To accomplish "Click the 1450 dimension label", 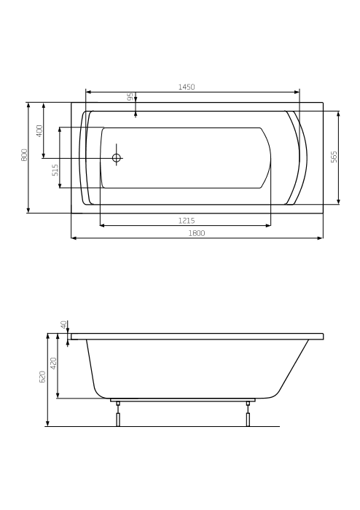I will [x=187, y=87].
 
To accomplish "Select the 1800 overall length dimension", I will [x=196, y=232].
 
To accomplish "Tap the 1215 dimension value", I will [x=186, y=220].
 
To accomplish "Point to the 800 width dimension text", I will [x=24, y=154].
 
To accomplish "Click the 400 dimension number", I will [x=39, y=130].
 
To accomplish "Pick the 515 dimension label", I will [x=55, y=170].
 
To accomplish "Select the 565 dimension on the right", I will [x=334, y=157].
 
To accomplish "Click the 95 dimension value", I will [x=130, y=96].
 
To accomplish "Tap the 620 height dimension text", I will [x=42, y=377].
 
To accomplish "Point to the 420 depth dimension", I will [x=53, y=362].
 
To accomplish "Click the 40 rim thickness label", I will [x=64, y=324].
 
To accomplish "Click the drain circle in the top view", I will [x=116, y=157].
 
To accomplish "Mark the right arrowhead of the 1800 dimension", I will [x=320, y=238].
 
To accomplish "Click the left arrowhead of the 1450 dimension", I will [x=88, y=92].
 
